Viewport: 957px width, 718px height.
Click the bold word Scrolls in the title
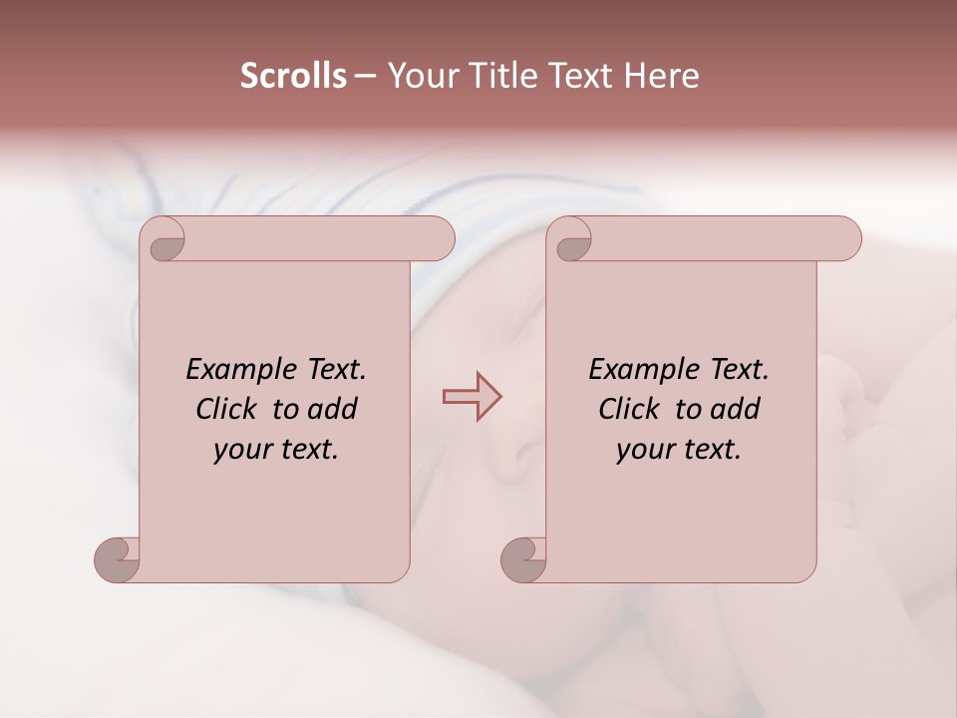coord(293,76)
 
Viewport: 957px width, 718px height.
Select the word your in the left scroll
coord(239,450)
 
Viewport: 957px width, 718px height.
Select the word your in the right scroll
coord(642,450)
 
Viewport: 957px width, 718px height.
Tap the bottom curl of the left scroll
coord(116,558)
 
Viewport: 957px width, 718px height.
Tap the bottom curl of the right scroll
coord(522,558)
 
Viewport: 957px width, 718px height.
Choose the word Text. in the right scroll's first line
coord(739,370)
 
